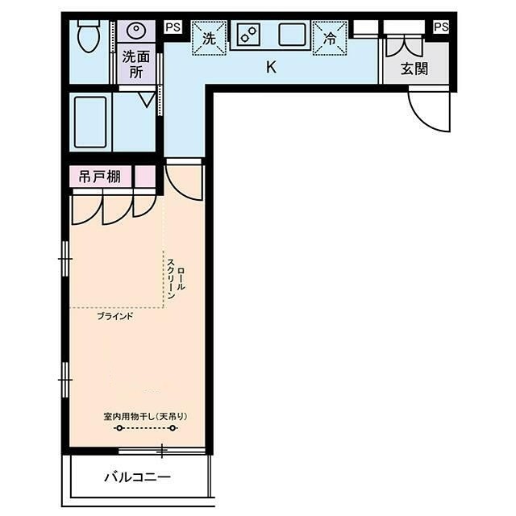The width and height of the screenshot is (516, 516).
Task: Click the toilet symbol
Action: [88, 35]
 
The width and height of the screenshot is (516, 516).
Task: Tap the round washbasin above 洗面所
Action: [136, 31]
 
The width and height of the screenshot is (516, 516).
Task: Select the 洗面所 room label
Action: [136, 64]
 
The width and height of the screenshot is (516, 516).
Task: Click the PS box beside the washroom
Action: [173, 27]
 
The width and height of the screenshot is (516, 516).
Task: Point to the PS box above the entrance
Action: [441, 27]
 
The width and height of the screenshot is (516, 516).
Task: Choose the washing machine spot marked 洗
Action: [209, 39]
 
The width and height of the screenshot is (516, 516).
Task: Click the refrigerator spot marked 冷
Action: [330, 39]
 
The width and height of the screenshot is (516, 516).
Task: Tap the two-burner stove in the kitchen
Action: [248, 35]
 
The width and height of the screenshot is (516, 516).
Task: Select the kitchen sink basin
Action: [292, 35]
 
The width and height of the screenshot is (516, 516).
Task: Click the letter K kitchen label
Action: [271, 67]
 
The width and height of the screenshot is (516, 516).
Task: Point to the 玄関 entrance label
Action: [414, 69]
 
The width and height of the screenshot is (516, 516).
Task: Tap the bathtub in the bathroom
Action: [90, 122]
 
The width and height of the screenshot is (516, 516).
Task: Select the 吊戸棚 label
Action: [100, 177]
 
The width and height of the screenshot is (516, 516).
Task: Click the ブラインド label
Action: [115, 317]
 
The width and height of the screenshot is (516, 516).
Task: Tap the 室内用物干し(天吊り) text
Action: [145, 417]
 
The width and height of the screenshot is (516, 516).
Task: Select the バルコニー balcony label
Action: [138, 476]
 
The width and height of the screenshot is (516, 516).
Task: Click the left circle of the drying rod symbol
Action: [119, 428]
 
